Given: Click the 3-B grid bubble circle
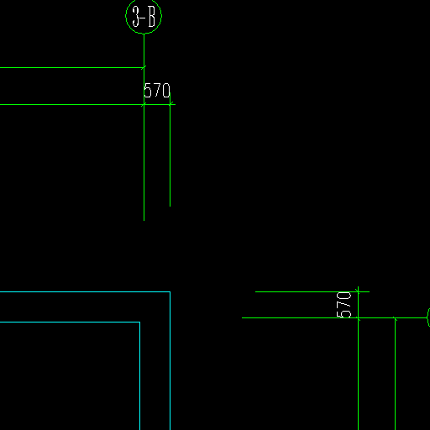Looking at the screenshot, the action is pyautogui.click(x=126, y=17).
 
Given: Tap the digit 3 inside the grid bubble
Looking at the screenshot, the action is pyautogui.click(x=136, y=17).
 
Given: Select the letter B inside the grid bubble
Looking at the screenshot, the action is pyautogui.click(x=151, y=17).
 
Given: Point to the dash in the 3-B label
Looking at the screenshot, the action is pyautogui.click(x=144, y=18).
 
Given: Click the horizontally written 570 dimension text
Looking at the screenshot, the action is pyautogui.click(x=157, y=90).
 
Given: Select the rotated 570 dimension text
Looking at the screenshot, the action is pyautogui.click(x=343, y=305).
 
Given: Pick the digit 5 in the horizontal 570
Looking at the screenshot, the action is pyautogui.click(x=147, y=90).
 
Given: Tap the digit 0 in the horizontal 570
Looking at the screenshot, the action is pyautogui.click(x=166, y=90).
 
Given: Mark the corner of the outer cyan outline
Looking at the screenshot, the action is pyautogui.click(x=170, y=291).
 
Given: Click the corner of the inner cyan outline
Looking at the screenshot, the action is pyautogui.click(x=139, y=322).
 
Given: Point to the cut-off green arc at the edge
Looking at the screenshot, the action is pyautogui.click(x=427, y=317).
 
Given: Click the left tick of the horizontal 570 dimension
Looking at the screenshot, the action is pyautogui.click(x=144, y=105).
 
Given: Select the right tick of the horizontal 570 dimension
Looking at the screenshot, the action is pyautogui.click(x=170, y=105).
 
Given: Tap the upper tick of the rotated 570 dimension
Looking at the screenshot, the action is pyautogui.click(x=358, y=291).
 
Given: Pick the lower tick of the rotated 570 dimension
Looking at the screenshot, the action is pyautogui.click(x=358, y=317).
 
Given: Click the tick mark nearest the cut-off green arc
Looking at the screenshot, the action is pyautogui.click(x=395, y=318).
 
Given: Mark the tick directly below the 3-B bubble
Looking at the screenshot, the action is pyautogui.click(x=144, y=67).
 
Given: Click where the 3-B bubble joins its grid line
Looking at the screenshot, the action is pyautogui.click(x=144, y=34).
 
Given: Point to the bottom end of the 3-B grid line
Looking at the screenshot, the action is pyautogui.click(x=144, y=221).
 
